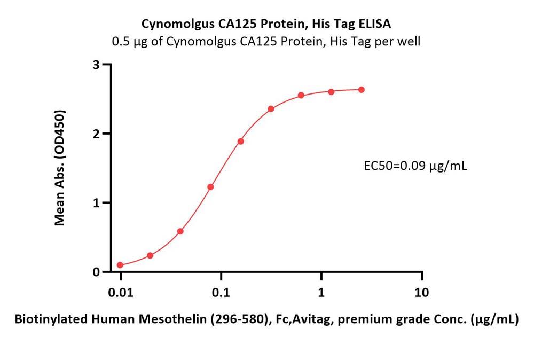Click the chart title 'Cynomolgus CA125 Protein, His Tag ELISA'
(x=266, y=24)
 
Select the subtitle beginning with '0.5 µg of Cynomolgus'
(x=266, y=41)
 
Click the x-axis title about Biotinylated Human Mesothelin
(x=266, y=320)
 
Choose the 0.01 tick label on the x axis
(x=121, y=293)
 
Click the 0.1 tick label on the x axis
(x=221, y=293)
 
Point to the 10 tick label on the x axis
(x=422, y=293)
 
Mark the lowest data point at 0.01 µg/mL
(x=120, y=265)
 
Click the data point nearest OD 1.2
(x=210, y=187)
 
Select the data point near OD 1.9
(x=241, y=142)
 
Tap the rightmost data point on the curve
(x=362, y=90)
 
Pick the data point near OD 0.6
(x=180, y=231)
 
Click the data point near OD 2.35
(x=271, y=109)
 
